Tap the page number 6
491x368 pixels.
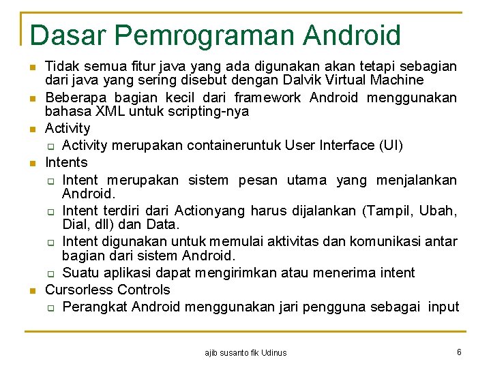click(x=460, y=352)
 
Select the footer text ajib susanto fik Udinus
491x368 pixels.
click(x=245, y=352)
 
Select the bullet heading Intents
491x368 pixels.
click(x=66, y=162)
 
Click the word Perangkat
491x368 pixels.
click(x=95, y=307)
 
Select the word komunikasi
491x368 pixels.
click(x=391, y=241)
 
